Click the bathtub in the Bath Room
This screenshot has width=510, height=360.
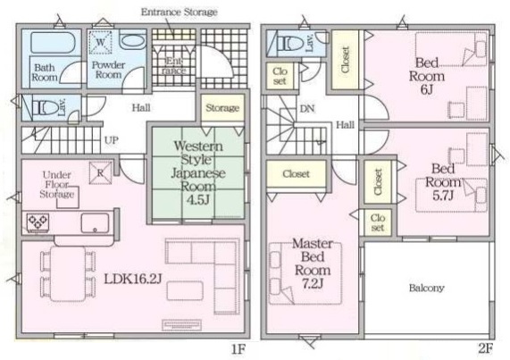pyautogui.click(x=54, y=42)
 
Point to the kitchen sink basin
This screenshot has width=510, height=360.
pyautogui.click(x=95, y=223)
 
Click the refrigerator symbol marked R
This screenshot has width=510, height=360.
pyautogui.click(x=101, y=173)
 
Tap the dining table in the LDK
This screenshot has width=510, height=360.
pyautogui.click(x=68, y=274)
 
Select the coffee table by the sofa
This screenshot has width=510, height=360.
pyautogui.click(x=185, y=290)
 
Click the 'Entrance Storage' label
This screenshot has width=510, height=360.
pyautogui.click(x=180, y=13)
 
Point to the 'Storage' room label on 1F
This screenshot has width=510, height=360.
pyautogui.click(x=222, y=107)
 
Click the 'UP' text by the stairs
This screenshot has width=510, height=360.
pyautogui.click(x=112, y=140)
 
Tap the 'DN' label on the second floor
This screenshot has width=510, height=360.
pyautogui.click(x=307, y=109)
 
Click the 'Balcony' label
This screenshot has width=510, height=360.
pyautogui.click(x=426, y=288)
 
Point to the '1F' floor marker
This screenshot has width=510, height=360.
pyautogui.click(x=238, y=349)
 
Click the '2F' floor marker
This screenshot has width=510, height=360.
pyautogui.click(x=486, y=348)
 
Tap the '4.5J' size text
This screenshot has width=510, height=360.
pyautogui.click(x=197, y=200)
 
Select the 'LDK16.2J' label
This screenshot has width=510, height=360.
pyautogui.click(x=133, y=279)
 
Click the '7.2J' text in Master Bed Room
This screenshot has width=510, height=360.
pyautogui.click(x=313, y=283)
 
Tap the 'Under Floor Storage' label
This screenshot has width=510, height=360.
pyautogui.click(x=57, y=184)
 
